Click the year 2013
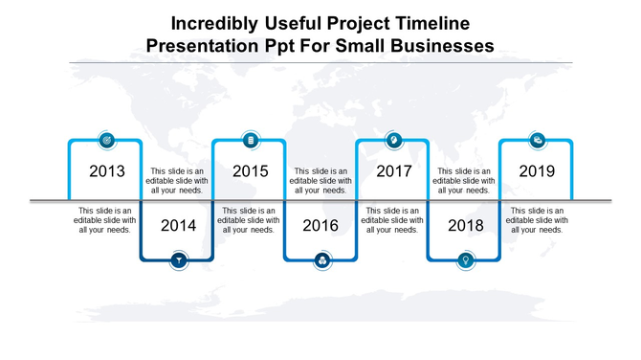(x=106, y=172)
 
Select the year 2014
(x=178, y=226)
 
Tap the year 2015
(x=250, y=172)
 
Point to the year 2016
(x=321, y=226)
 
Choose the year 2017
(x=393, y=172)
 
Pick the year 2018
(x=465, y=226)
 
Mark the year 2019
(x=537, y=172)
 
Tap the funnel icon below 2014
(x=178, y=260)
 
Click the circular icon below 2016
(x=321, y=260)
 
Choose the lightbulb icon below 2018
(x=465, y=260)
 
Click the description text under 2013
(x=106, y=220)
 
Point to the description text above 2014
(x=178, y=180)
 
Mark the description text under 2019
(x=537, y=220)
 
